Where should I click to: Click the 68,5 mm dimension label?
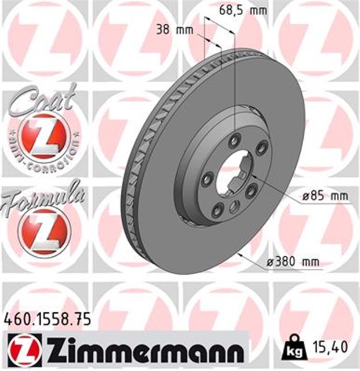coord(243,10)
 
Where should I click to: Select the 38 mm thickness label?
coord(174,31)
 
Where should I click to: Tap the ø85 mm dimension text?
coord(326,196)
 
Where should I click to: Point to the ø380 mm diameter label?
coord(293,261)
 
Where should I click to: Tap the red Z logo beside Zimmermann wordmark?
coord(25,350)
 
